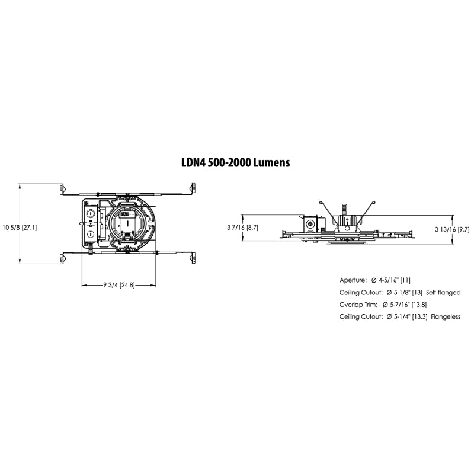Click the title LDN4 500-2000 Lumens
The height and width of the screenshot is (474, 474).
[x=235, y=162]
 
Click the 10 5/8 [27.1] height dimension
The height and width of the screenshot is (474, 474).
[x=21, y=226]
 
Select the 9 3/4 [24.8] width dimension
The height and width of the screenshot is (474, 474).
[x=118, y=285]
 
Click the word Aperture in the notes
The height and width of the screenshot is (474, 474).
[x=353, y=279]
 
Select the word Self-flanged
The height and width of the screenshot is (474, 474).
[x=446, y=292]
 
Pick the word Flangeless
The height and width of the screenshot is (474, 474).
[x=446, y=317]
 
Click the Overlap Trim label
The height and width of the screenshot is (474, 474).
[x=357, y=305]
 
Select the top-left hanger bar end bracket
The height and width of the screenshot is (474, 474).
[x=63, y=188]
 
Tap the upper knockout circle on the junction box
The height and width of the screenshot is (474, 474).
[x=91, y=212]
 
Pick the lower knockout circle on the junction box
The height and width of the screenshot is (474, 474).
[x=91, y=234]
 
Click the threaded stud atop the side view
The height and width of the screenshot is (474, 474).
[x=344, y=210]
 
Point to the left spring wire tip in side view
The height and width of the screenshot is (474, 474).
[x=320, y=203]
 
